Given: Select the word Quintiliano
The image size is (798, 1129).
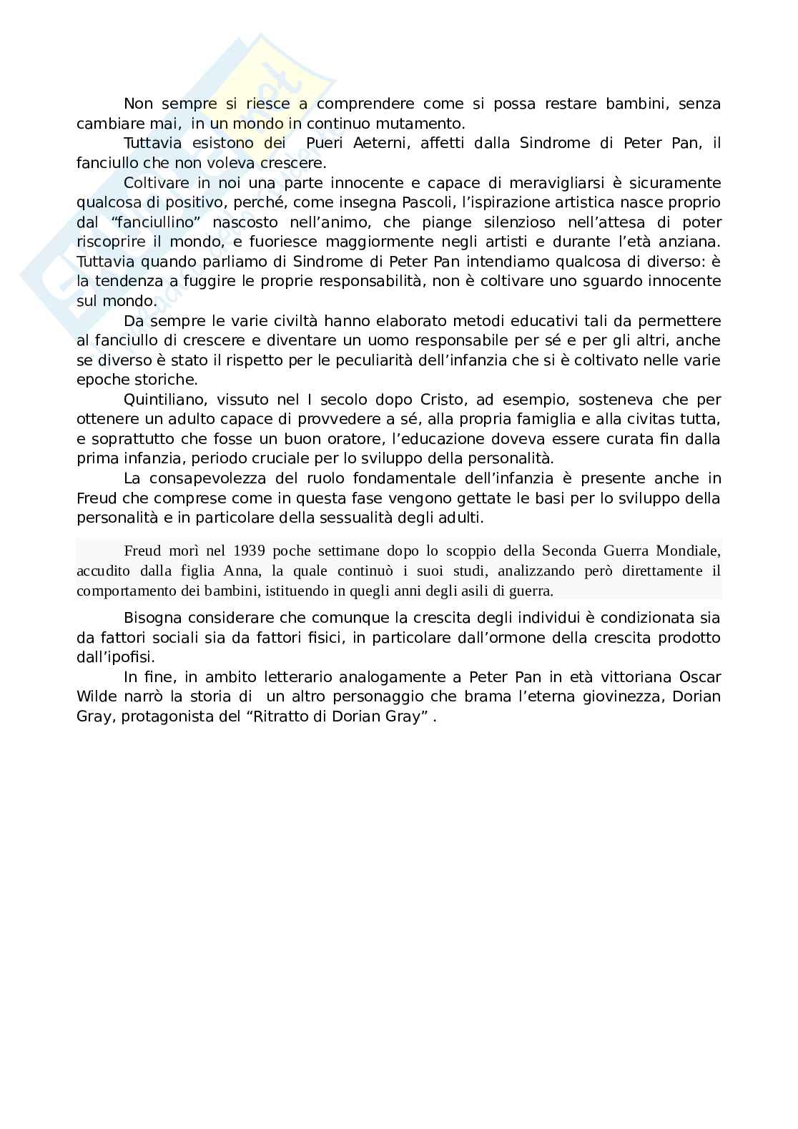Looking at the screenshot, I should click(162, 399).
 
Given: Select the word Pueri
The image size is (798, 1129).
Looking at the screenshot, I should click(325, 143).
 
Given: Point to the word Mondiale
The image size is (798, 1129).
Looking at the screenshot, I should click(689, 551).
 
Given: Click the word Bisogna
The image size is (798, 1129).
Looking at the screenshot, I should click(150, 618).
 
